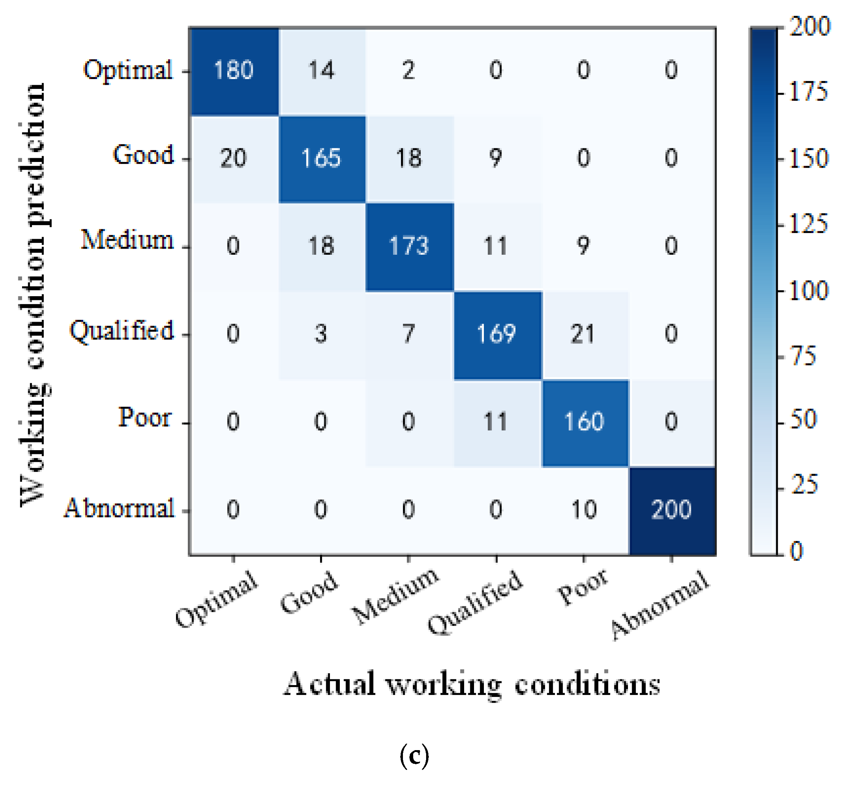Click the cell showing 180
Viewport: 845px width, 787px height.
(234, 70)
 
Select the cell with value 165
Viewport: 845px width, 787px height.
(321, 158)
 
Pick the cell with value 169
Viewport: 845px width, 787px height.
(496, 334)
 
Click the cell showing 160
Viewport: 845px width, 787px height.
(583, 422)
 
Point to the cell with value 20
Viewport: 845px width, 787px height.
(233, 158)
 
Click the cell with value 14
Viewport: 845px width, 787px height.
(321, 70)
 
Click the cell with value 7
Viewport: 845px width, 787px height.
(409, 334)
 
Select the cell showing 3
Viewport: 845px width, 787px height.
(321, 334)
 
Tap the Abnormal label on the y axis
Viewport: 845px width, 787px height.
(119, 509)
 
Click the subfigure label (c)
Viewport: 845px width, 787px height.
(414, 755)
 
